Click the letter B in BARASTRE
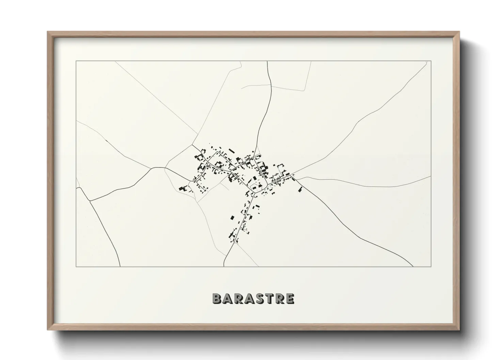click(217, 298)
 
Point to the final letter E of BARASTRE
click(290, 298)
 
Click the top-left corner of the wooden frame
click(48, 32)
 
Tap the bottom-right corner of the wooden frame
click(459, 330)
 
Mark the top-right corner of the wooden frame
click(459, 32)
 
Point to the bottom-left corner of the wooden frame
click(48, 330)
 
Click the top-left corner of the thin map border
click(76, 61)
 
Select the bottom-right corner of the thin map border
click(431, 267)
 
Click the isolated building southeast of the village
click(300, 189)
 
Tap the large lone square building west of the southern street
click(233, 218)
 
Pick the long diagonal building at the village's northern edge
click(232, 151)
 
